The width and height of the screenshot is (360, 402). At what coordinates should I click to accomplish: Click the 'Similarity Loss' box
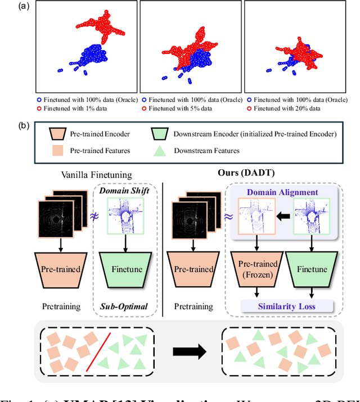[285, 306]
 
